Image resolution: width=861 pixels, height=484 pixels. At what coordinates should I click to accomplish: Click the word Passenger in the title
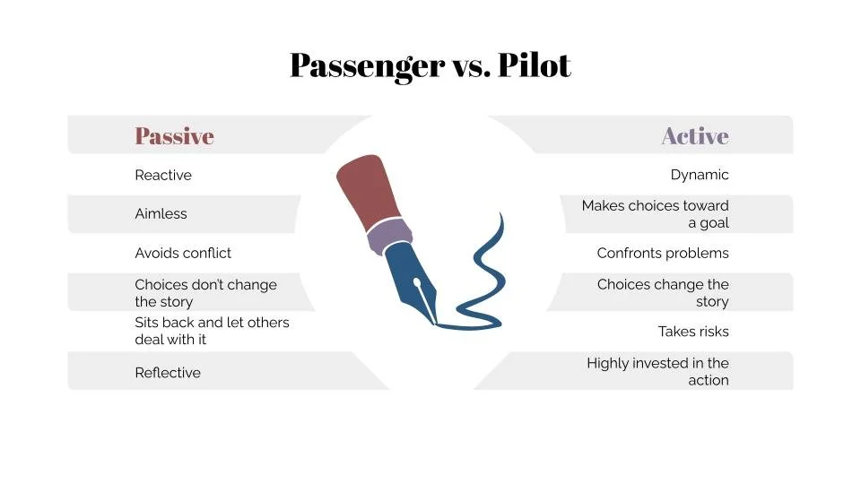pos(367,65)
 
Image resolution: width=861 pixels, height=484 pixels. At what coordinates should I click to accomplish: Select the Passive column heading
pos(174,136)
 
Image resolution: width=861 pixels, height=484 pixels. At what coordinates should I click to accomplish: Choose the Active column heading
pos(694,136)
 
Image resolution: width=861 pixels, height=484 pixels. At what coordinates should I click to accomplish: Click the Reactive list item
pos(163,176)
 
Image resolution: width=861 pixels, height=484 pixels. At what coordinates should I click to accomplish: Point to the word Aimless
pos(161,214)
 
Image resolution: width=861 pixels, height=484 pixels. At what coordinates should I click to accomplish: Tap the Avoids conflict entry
pos(183,254)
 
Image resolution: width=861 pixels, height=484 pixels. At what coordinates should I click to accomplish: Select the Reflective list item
pos(168,373)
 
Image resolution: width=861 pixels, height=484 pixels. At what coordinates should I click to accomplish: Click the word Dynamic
pos(700,176)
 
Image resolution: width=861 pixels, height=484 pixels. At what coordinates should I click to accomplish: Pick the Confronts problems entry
pos(663,254)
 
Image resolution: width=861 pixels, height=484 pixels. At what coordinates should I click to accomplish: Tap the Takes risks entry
pos(693,332)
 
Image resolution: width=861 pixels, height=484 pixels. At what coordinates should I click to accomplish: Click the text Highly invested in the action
pos(658,372)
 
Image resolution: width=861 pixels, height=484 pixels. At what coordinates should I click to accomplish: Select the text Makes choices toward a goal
pos(656,214)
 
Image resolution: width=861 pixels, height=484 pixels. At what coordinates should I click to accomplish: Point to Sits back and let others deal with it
pos(212,331)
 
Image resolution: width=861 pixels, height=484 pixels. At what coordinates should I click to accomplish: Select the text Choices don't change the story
pos(205,293)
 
